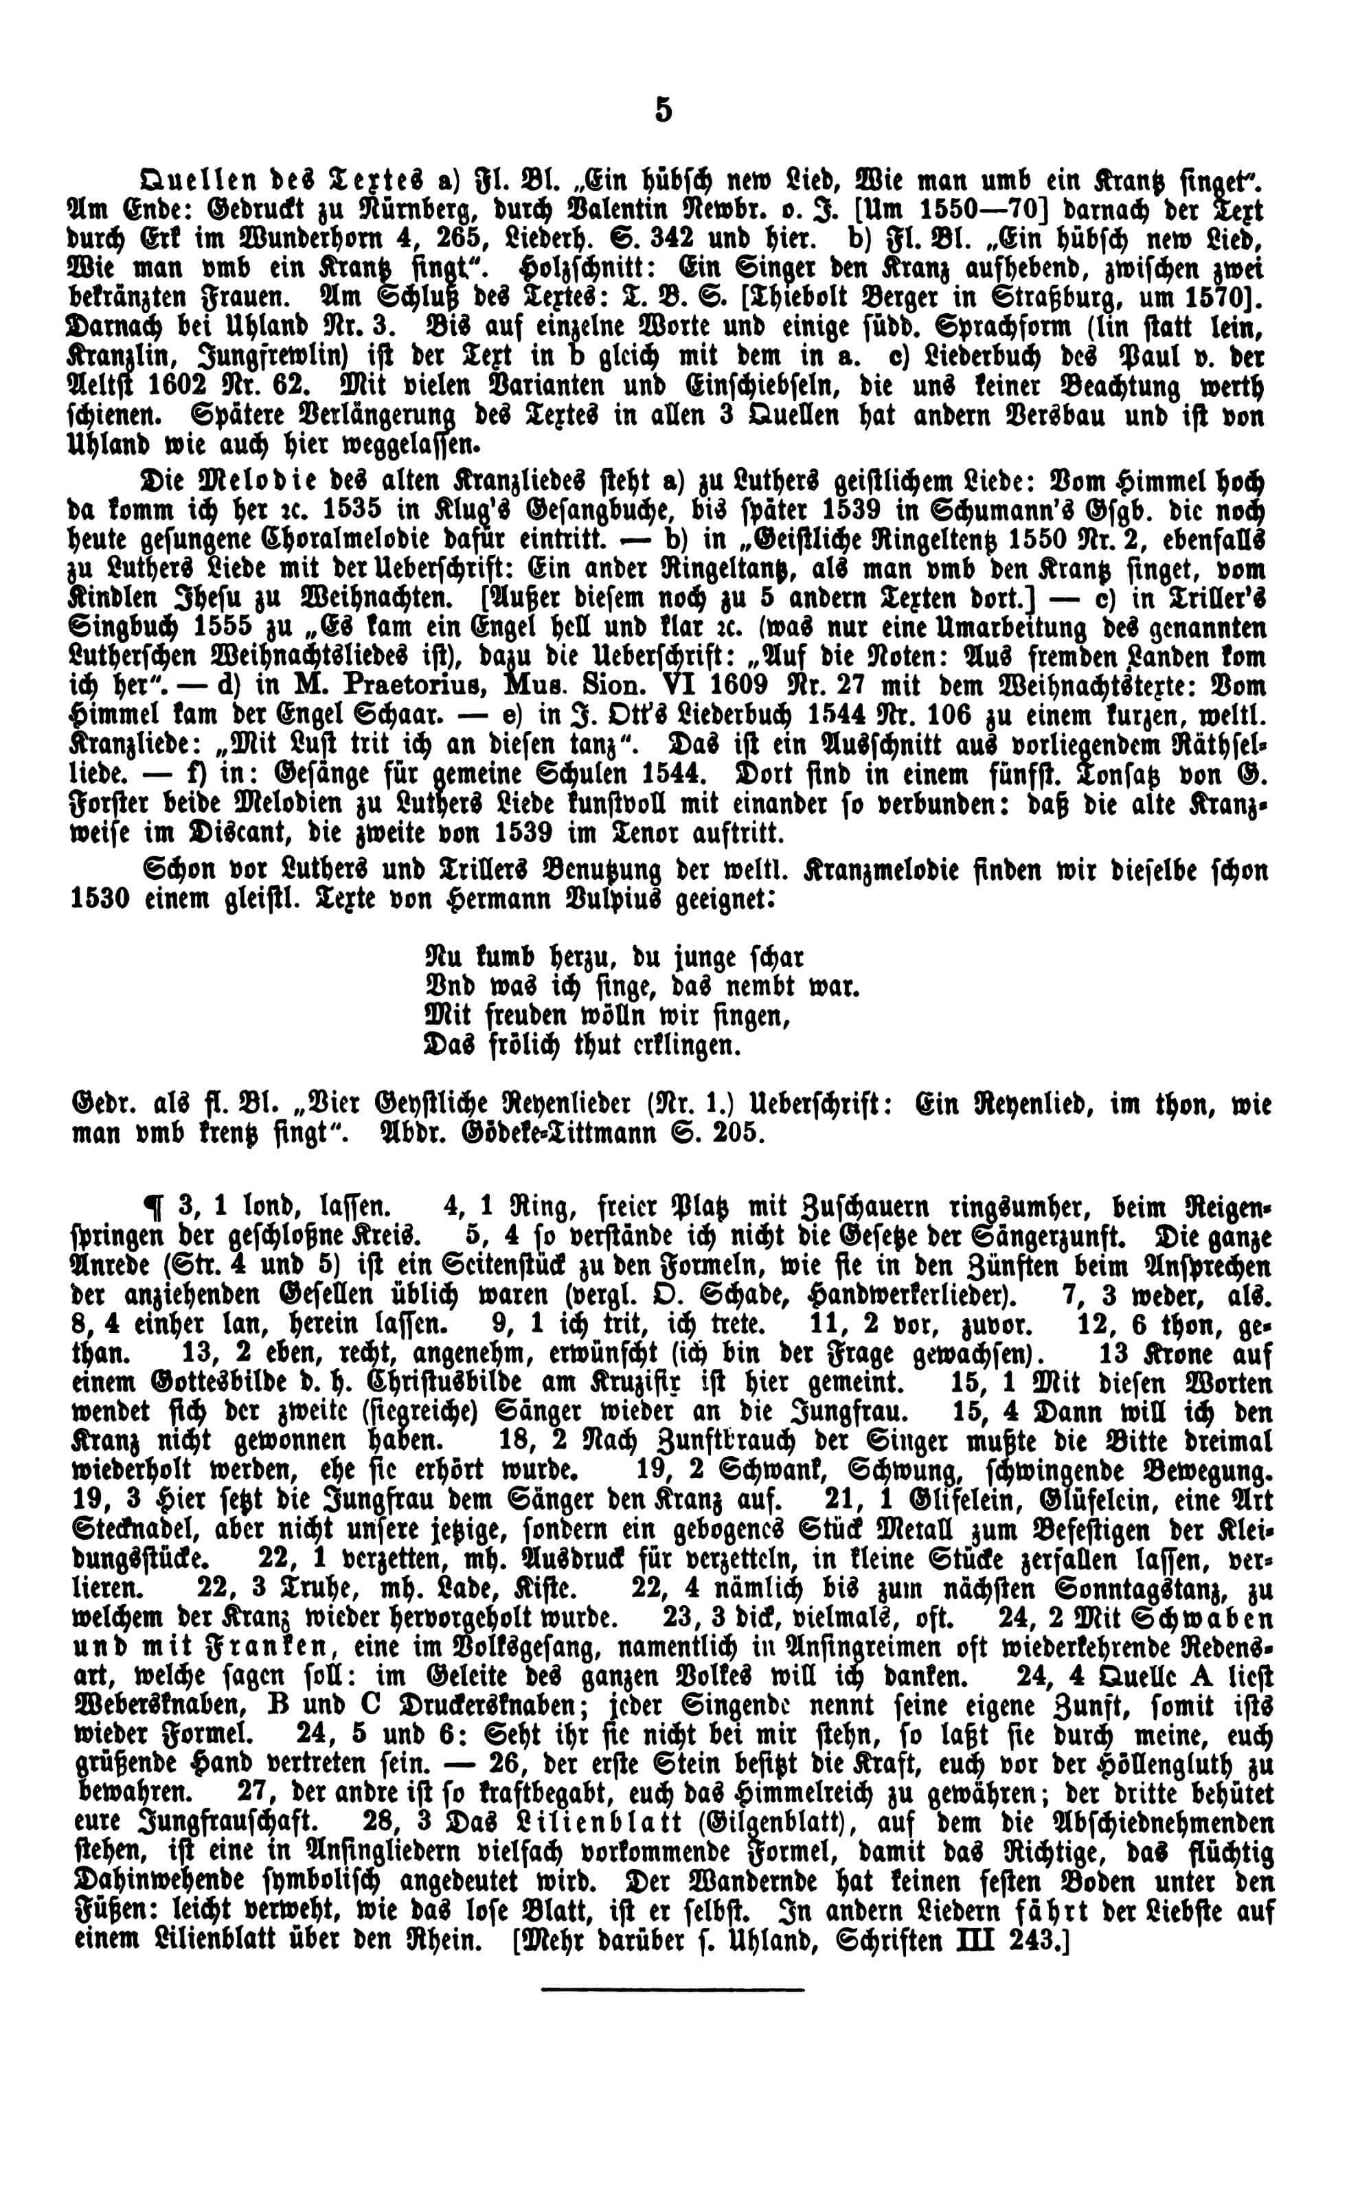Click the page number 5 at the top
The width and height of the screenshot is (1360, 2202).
[663, 111]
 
